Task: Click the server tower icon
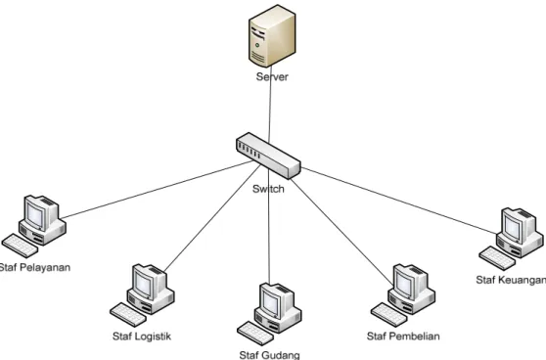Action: tap(272, 35)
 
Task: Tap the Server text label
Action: tap(272, 76)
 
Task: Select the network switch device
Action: tap(268, 156)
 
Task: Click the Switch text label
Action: tap(268, 189)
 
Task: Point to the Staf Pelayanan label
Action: tap(35, 267)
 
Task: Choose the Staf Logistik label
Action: tap(142, 337)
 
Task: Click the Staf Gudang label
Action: tap(269, 355)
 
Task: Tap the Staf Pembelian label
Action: tap(403, 337)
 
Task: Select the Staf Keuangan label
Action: tap(511, 280)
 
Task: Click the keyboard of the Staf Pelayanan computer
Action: tap(20, 246)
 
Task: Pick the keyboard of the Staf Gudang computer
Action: tap(255, 334)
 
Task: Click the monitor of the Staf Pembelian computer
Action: tap(405, 283)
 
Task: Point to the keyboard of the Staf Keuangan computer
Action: tap(497, 258)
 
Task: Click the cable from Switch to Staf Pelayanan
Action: tap(158, 190)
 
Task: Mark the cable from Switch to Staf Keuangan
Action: tap(399, 201)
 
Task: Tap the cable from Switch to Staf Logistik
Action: tap(212, 218)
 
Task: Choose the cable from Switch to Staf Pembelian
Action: tap(341, 232)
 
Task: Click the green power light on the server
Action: tap(257, 45)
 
